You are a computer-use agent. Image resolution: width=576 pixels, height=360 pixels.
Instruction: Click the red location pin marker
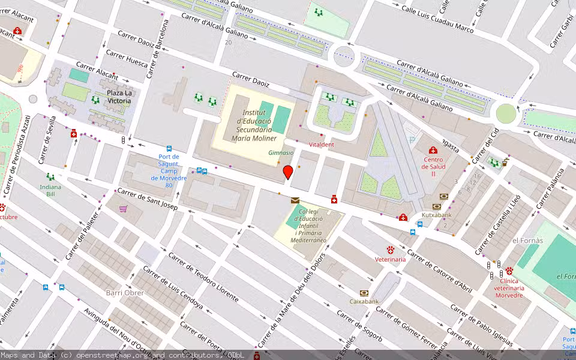pyautogui.click(x=288, y=173)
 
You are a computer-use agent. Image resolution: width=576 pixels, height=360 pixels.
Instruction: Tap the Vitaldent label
pyautogui.click(x=321, y=145)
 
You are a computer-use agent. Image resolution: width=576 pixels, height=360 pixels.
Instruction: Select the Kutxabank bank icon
pyautogui.click(x=444, y=197)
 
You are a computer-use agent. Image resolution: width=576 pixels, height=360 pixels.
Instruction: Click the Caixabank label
pyautogui.click(x=364, y=301)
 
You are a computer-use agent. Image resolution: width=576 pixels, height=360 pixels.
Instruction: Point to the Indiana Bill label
pyautogui.click(x=50, y=191)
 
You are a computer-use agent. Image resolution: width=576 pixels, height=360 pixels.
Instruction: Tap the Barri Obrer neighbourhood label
pyautogui.click(x=125, y=293)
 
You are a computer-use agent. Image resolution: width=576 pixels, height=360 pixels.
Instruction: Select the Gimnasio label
pyautogui.click(x=281, y=153)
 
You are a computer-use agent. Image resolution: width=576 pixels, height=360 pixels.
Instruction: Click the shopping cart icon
pyautogui.click(x=123, y=209)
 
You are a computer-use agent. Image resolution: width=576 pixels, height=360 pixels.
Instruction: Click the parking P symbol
pyautogui.click(x=412, y=139)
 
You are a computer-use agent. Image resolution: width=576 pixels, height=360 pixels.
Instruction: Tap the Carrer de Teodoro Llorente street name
pyautogui.click(x=203, y=277)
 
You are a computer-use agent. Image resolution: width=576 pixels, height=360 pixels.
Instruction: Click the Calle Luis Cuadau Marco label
pyautogui.click(x=437, y=19)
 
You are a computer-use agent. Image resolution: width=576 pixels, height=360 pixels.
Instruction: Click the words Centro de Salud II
pyautogui.click(x=433, y=167)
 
